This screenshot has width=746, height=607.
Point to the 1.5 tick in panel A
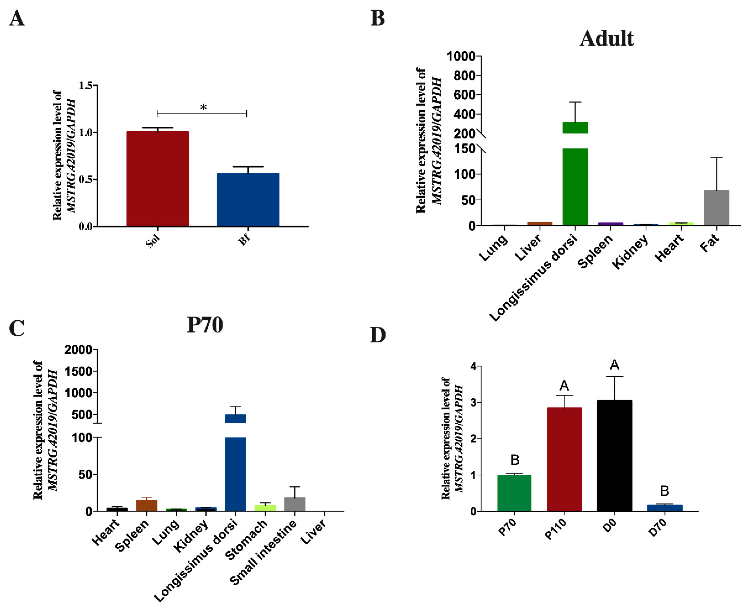(87, 85)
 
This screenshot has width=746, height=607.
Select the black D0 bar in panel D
(614, 456)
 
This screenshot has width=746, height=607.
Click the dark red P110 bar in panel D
(564, 459)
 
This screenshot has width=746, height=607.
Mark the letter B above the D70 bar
(664, 491)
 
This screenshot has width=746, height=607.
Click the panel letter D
(378, 335)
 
